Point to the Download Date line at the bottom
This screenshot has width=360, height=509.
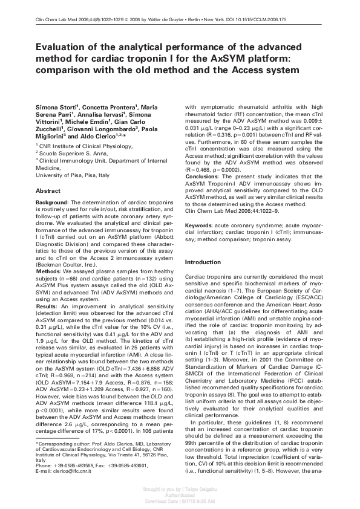180,501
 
